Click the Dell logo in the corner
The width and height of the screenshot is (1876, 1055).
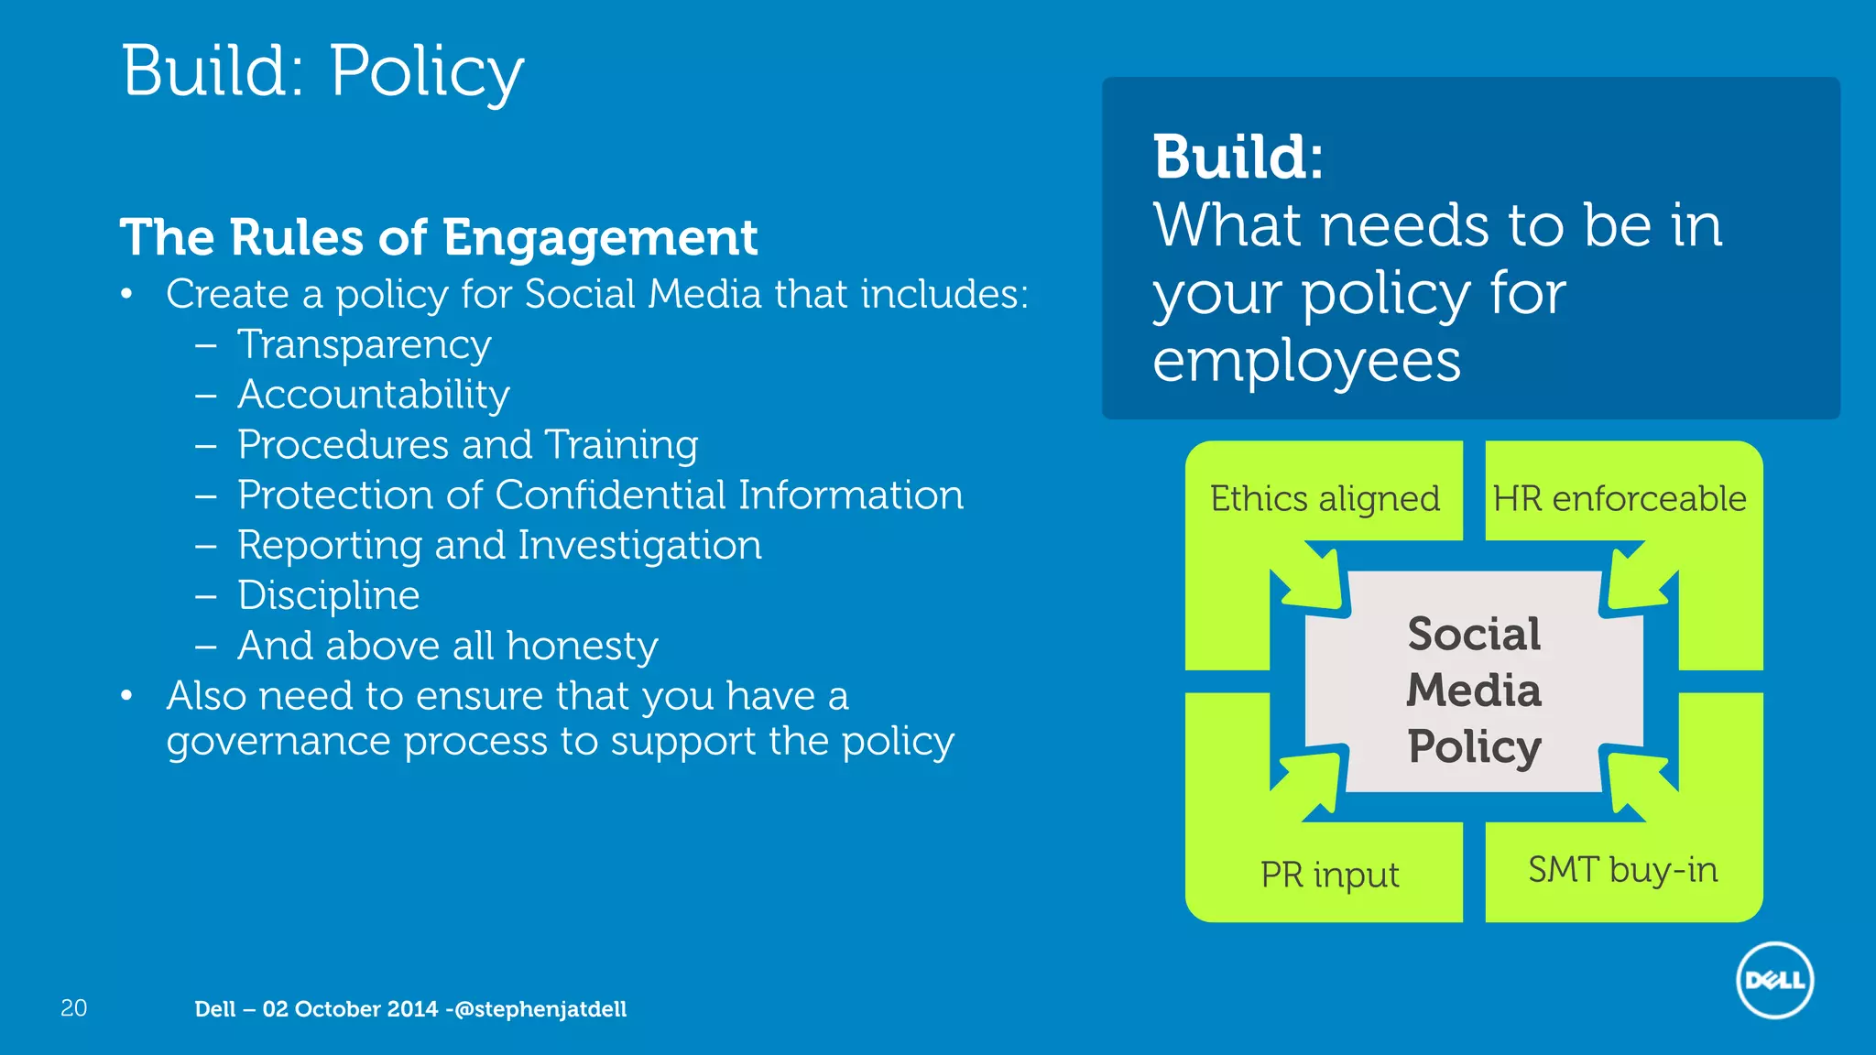(1774, 980)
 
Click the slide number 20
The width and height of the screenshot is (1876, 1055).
(73, 1008)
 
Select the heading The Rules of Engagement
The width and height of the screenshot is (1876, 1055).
(439, 237)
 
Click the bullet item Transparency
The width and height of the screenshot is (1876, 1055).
(365, 345)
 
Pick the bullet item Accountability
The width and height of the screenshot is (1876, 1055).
(374, 395)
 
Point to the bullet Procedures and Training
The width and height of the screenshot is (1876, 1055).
(467, 445)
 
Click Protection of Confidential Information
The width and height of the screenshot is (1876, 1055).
(600, 495)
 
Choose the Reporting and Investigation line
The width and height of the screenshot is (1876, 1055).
(499, 546)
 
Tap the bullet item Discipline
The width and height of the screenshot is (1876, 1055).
(329, 596)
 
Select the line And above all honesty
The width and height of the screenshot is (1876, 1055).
(448, 647)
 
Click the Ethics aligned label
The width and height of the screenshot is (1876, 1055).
(1325, 499)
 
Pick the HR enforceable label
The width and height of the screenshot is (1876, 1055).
(1620, 499)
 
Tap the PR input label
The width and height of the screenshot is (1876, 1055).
(1329, 875)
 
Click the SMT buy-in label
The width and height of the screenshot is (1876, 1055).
(1622, 869)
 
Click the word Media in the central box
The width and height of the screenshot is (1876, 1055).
(1474, 690)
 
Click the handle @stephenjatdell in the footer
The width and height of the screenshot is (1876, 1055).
(540, 1009)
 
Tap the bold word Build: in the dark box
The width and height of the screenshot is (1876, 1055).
(1238, 158)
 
